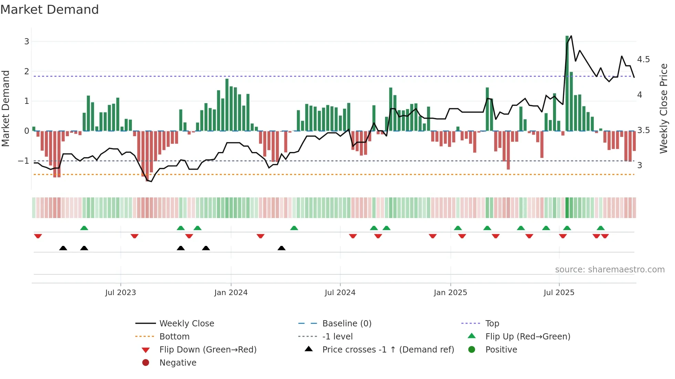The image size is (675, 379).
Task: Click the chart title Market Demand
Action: pyautogui.click(x=50, y=10)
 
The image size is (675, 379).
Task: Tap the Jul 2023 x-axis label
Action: pyautogui.click(x=121, y=293)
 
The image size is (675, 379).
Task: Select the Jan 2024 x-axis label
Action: pyautogui.click(x=231, y=293)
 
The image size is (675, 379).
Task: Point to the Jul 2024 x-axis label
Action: pyautogui.click(x=340, y=293)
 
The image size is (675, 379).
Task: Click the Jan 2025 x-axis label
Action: pyautogui.click(x=450, y=293)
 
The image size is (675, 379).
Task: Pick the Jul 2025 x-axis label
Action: pyautogui.click(x=559, y=293)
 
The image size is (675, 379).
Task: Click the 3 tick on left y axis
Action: pyautogui.click(x=27, y=42)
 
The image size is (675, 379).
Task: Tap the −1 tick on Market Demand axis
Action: pyautogui.click(x=23, y=161)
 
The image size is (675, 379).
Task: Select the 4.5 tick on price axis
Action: pyautogui.click(x=643, y=59)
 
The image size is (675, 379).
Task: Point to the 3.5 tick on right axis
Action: pyautogui.click(x=643, y=130)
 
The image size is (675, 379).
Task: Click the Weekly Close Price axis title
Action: pyautogui.click(x=663, y=108)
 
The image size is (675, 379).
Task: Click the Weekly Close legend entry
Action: pyautogui.click(x=187, y=324)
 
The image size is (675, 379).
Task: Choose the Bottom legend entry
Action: pyautogui.click(x=174, y=337)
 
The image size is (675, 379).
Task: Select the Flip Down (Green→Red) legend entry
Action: pyautogui.click(x=208, y=350)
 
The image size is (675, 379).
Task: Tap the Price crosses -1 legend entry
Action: pyautogui.click(x=388, y=350)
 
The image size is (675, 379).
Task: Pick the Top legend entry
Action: pyautogui.click(x=492, y=324)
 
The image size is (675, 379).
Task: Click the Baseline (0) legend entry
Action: pyautogui.click(x=346, y=324)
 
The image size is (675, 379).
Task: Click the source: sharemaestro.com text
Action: pyautogui.click(x=610, y=270)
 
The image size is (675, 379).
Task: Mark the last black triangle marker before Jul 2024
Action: pyautogui.click(x=281, y=248)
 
